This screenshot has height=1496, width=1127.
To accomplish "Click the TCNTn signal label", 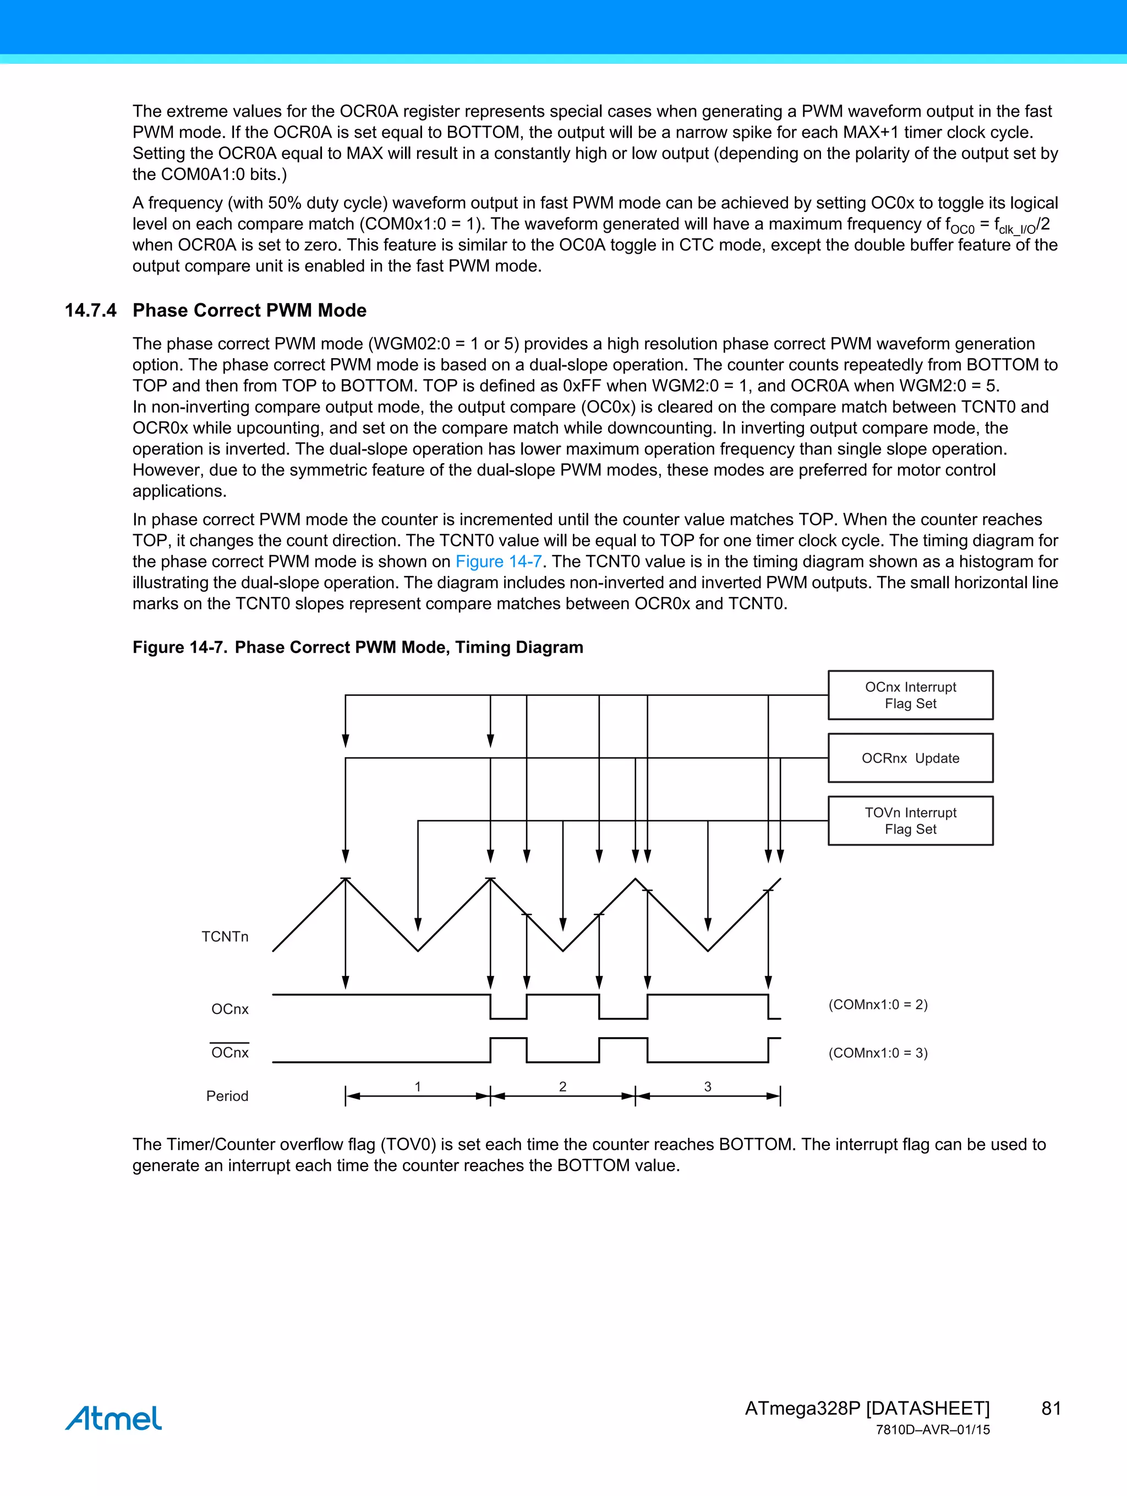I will pyautogui.click(x=225, y=936).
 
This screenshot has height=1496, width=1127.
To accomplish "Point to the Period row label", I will pyautogui.click(x=227, y=1095).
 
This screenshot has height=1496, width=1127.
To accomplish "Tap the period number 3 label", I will pyautogui.click(x=708, y=1086).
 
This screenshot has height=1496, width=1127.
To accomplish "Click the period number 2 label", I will pyautogui.click(x=562, y=1086).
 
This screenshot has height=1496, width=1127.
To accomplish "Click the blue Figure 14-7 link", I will pyautogui.click(x=499, y=561).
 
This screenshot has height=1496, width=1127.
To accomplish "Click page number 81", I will pyautogui.click(x=1051, y=1408).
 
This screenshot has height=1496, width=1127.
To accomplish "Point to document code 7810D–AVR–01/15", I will pyautogui.click(x=932, y=1430).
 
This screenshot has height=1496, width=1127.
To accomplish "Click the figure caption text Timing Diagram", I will pyautogui.click(x=519, y=647).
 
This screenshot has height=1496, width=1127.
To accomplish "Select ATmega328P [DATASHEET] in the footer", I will pyautogui.click(x=867, y=1408).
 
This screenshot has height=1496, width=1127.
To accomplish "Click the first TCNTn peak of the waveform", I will pyautogui.click(x=346, y=879).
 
